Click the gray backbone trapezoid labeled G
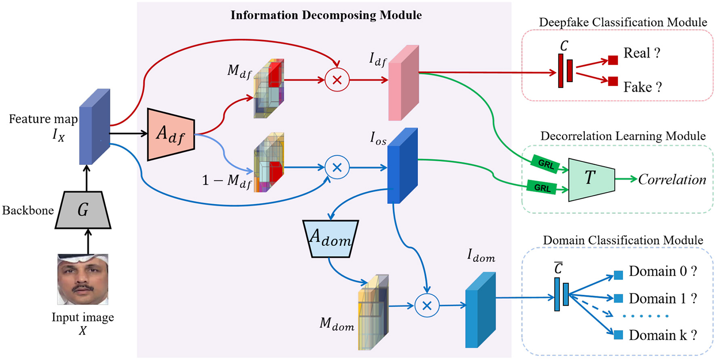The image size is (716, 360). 83,210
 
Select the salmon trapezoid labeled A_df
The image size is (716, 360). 171,134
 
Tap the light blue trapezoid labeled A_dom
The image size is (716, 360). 331,238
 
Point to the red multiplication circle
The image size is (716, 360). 337,80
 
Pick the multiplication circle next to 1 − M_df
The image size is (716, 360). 337,167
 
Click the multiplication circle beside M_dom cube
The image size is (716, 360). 427,305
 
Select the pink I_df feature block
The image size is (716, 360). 403,83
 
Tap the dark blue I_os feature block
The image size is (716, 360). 402,166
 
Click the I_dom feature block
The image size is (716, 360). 480,310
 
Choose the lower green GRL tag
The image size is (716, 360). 542,188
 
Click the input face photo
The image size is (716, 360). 83,279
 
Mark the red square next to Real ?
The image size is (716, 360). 613,60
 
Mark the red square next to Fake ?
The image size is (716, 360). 613,81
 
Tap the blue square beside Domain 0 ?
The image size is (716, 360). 618,276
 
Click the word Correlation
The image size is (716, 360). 672,179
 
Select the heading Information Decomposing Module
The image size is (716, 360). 326,15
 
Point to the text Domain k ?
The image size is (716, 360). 663,335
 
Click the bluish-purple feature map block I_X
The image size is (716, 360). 95,127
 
